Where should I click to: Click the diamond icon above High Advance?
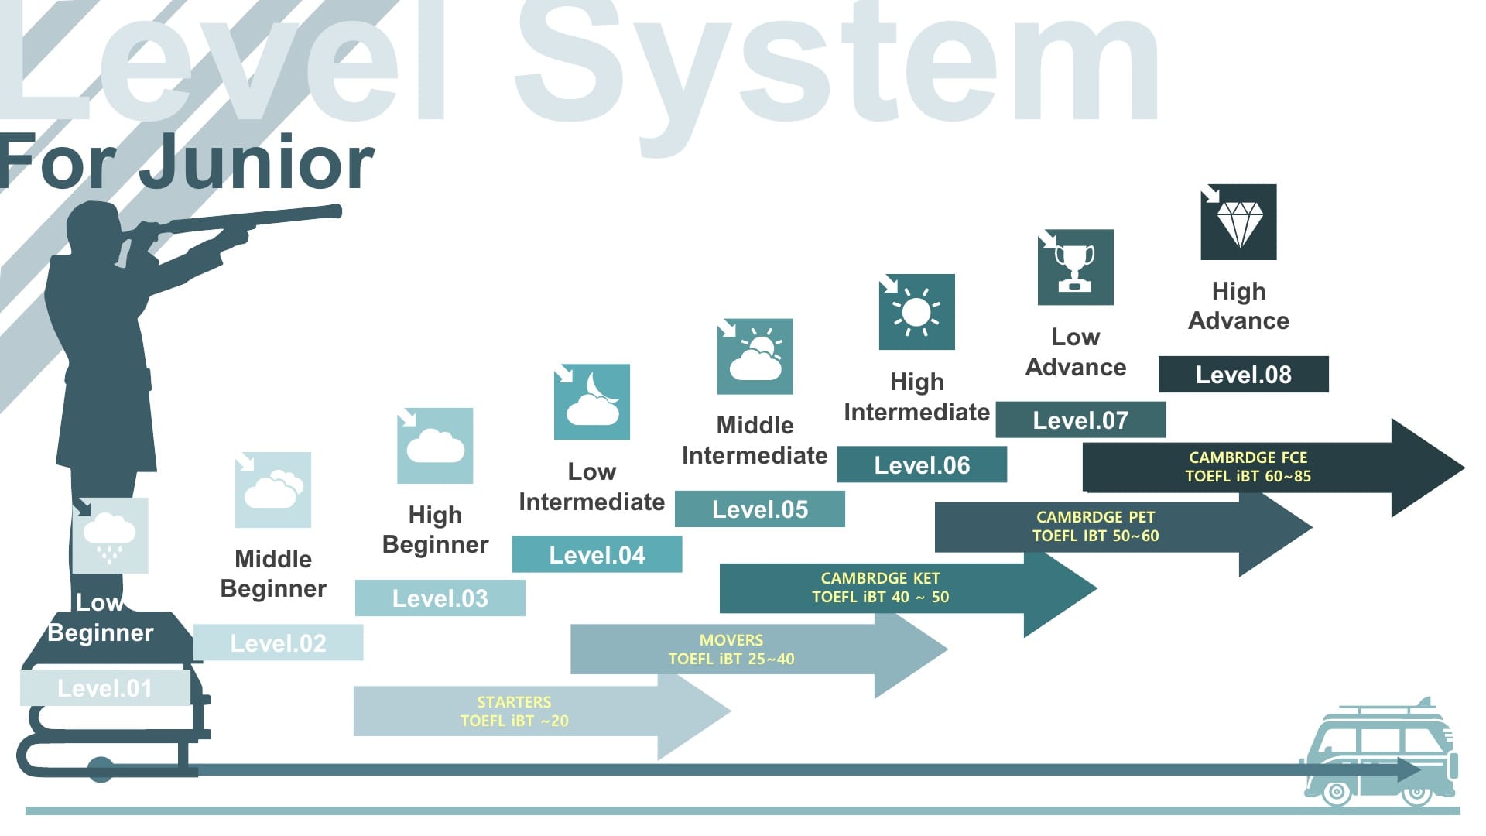(x=1238, y=222)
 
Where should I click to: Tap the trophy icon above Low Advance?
(x=1075, y=267)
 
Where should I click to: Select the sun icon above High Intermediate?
(x=916, y=312)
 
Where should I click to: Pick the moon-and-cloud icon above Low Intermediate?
(x=592, y=402)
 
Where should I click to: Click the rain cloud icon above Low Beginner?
(x=110, y=536)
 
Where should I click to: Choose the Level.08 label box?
(x=1243, y=375)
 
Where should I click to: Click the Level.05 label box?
(x=759, y=509)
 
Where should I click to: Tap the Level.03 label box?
(x=440, y=598)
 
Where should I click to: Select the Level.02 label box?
(x=278, y=642)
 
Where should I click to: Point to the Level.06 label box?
(x=922, y=464)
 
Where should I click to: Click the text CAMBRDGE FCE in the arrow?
(x=1248, y=457)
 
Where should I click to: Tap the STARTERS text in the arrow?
(x=514, y=702)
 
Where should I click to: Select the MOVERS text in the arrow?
(x=731, y=640)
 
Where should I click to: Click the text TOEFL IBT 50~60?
(x=1095, y=536)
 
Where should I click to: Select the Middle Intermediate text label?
(x=755, y=440)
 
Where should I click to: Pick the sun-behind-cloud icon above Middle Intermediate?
(x=755, y=357)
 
